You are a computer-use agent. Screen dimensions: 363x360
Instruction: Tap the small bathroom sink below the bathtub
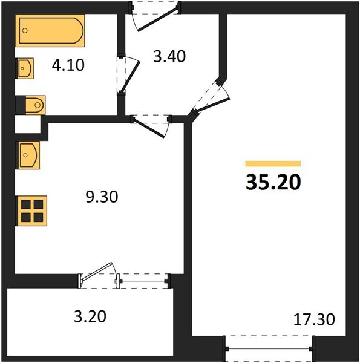25,69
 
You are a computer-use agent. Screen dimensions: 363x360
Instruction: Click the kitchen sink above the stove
28,155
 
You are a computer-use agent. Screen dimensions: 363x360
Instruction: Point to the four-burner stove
29,210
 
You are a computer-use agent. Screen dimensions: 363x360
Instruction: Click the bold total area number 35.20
273,181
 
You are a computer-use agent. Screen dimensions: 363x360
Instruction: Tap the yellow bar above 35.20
273,163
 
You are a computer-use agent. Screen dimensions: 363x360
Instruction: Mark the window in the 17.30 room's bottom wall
269,350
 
